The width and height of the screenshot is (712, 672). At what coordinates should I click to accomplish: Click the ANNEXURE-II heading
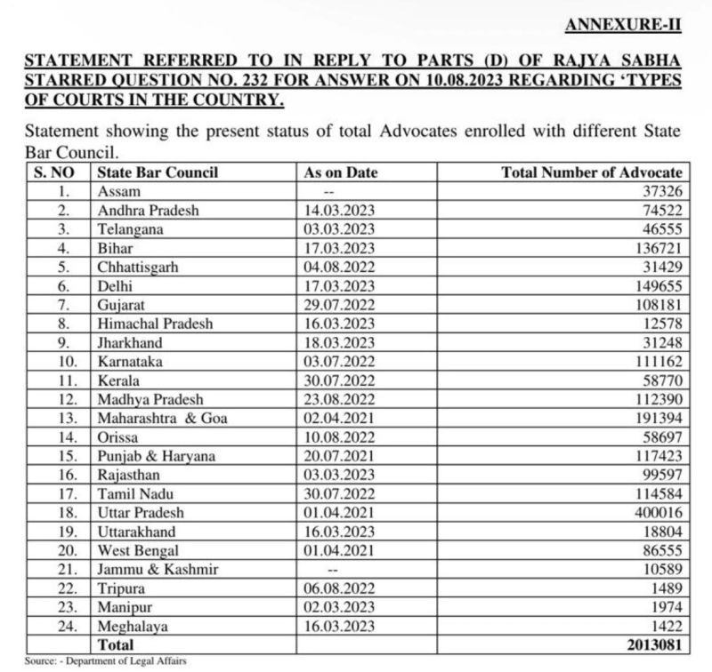point(623,25)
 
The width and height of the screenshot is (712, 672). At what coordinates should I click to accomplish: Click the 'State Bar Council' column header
point(158,172)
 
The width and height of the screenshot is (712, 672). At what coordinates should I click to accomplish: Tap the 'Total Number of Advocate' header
point(593,172)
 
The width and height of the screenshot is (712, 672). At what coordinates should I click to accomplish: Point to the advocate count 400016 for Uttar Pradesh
point(656,513)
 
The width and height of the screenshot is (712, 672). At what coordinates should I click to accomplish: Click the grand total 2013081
point(651,644)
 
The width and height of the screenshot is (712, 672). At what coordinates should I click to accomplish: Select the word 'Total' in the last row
point(117,644)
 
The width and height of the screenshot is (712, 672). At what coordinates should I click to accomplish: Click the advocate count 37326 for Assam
point(659,191)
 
